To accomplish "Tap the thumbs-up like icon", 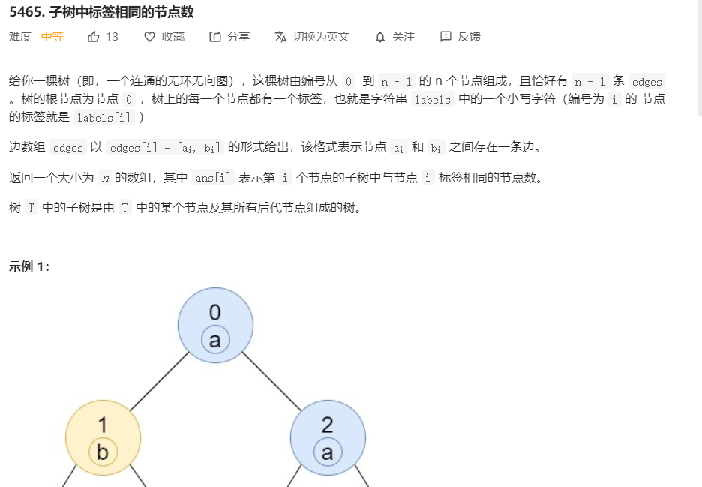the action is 94,36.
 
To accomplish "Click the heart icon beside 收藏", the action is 149,36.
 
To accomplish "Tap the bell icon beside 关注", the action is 380,36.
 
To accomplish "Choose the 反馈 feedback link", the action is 460,36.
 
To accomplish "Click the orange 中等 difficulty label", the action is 52,36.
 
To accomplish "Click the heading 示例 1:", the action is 29,266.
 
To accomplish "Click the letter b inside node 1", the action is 103,452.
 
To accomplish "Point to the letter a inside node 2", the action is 328,452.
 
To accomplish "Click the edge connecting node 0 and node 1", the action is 159,381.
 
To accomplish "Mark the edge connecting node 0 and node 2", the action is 271,381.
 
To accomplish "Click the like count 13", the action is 112,36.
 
